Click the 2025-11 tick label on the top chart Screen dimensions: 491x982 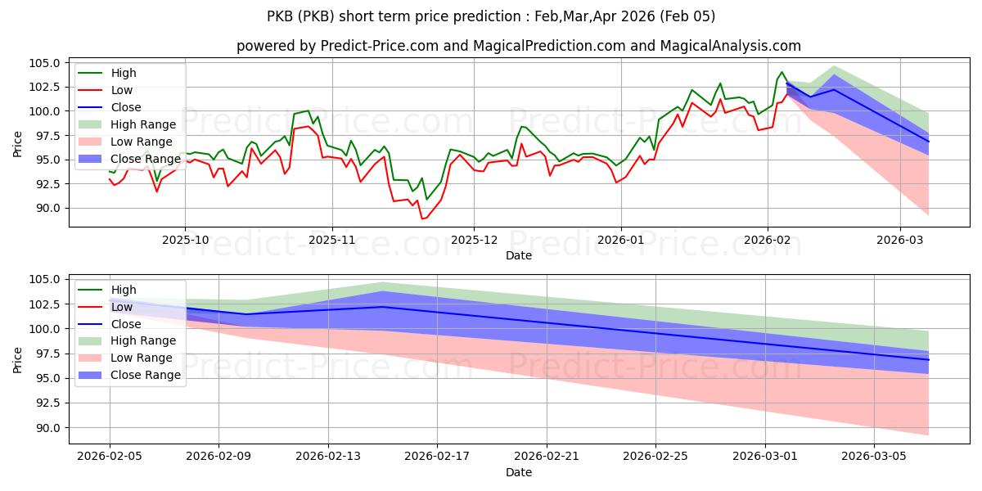[x=331, y=240]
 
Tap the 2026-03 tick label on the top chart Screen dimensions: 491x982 [x=899, y=240]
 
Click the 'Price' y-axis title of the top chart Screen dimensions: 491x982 [x=18, y=142]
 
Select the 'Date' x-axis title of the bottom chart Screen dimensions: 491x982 [x=519, y=472]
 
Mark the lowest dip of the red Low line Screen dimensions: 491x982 [x=422, y=218]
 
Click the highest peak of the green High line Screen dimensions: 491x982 [x=782, y=72]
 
